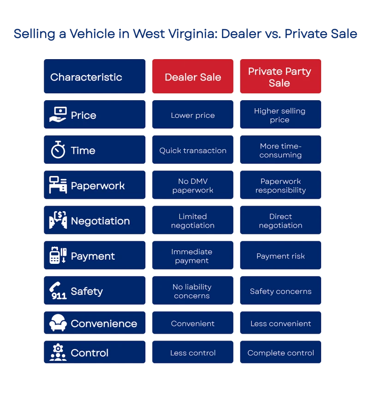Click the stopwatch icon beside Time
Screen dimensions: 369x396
(x=58, y=150)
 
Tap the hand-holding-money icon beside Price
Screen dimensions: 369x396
(x=58, y=115)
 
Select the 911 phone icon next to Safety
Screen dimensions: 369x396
(x=58, y=291)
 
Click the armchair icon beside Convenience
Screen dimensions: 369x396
(x=58, y=323)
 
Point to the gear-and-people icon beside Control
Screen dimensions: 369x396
(x=58, y=352)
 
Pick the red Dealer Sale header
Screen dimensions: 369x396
(x=192, y=76)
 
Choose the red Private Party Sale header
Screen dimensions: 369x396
(x=280, y=76)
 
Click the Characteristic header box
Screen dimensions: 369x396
(x=95, y=76)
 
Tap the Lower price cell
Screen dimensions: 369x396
(x=192, y=115)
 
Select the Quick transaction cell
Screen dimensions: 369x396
(x=192, y=150)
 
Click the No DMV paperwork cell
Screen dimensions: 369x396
(x=192, y=185)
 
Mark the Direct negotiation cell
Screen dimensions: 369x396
(x=280, y=220)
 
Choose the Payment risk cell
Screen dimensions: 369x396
(x=280, y=255)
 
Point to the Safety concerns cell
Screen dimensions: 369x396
(x=280, y=291)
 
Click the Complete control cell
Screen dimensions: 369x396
(x=280, y=352)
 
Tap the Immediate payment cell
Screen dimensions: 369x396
(x=192, y=255)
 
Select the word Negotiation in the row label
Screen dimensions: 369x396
(x=100, y=221)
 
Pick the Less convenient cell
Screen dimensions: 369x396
(x=280, y=323)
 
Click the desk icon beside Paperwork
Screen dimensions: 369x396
(x=58, y=185)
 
